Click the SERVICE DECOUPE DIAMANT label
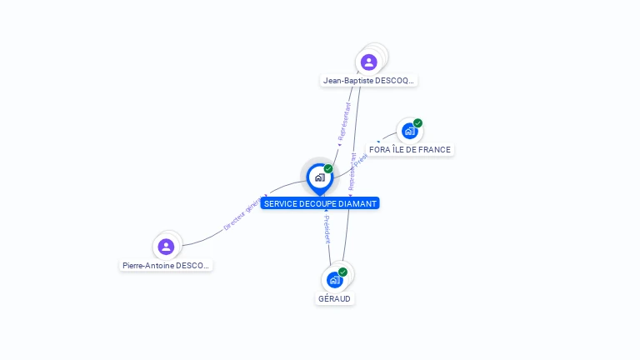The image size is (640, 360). [319, 203]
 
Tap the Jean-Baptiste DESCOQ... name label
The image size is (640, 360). [369, 81]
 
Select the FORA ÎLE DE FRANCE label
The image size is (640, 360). [410, 150]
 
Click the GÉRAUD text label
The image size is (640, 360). [334, 298]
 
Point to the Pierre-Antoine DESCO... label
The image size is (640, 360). [167, 266]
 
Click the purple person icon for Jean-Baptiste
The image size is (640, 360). [369, 62]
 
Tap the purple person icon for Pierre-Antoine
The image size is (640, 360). [166, 247]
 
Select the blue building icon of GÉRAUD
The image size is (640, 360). [334, 279]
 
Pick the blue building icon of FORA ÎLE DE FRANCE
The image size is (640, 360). [409, 131]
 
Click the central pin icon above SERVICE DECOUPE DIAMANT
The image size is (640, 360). [319, 177]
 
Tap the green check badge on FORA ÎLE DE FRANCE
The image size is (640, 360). [417, 123]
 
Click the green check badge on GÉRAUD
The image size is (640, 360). [342, 272]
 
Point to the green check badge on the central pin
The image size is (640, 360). [328, 169]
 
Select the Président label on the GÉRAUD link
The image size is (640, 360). [327, 229]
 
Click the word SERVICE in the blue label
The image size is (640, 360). [280, 203]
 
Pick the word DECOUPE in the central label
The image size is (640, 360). [317, 203]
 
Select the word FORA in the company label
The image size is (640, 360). [380, 150]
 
